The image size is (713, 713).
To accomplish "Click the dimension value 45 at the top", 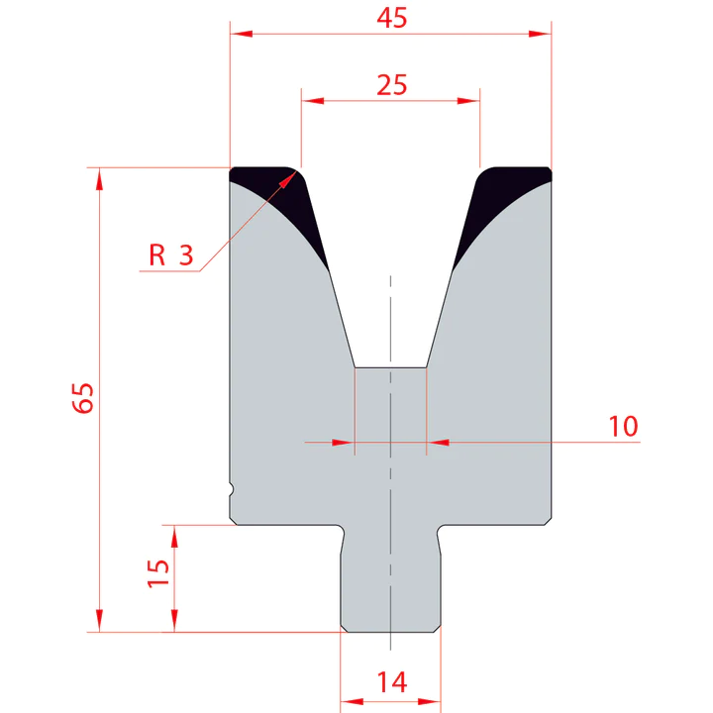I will pos(391,19).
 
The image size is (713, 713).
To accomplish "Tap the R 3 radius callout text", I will pos(170,255).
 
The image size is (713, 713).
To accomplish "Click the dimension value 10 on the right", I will pos(623,426).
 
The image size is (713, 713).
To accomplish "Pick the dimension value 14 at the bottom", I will pos(391,681).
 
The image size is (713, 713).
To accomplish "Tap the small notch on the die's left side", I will pos(233,488).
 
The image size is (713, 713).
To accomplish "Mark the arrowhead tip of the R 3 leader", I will pos(296,171).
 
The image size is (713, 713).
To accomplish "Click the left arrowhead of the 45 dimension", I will pos(238,34).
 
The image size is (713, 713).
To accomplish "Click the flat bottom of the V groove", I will pos(391,368).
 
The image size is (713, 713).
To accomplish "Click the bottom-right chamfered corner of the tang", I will pos(437,627).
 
